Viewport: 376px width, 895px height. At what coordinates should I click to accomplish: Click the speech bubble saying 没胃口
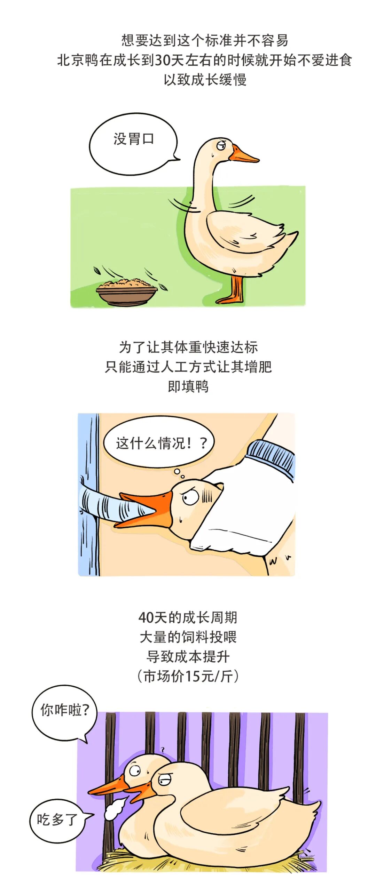coord(133,143)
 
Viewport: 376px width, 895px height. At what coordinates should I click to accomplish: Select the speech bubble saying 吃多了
coord(57,820)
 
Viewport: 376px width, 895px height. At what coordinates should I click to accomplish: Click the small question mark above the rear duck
coord(162,750)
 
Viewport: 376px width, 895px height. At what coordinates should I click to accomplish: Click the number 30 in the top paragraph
coord(162,60)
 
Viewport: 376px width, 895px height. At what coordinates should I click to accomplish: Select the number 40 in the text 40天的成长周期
coord(146,618)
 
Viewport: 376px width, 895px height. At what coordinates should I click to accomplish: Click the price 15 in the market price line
coord(192,676)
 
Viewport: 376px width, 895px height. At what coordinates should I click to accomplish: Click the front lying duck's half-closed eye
coord(164,781)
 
